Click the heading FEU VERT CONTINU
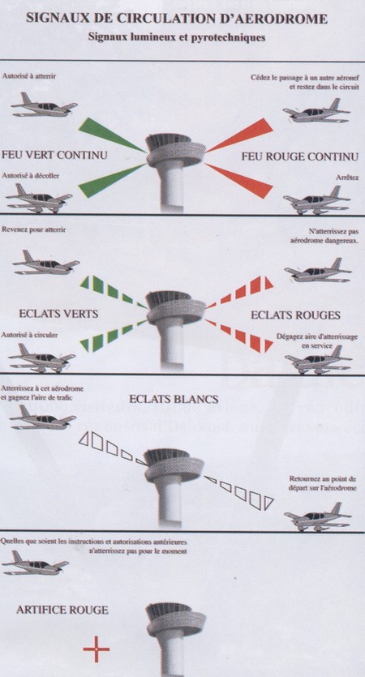(54, 155)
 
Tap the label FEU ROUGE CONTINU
(300, 156)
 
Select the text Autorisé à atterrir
(29, 76)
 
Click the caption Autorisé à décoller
(31, 176)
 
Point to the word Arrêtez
(347, 178)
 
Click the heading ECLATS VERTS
(58, 314)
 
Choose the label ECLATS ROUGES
(295, 315)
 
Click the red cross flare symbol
(97, 649)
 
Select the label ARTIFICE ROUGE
(62, 610)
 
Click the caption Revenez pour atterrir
(34, 229)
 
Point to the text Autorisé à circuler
(30, 335)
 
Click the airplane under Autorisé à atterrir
(44, 105)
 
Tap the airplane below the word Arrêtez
(316, 200)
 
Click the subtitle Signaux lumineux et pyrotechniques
(176, 37)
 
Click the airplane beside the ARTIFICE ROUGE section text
(35, 563)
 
